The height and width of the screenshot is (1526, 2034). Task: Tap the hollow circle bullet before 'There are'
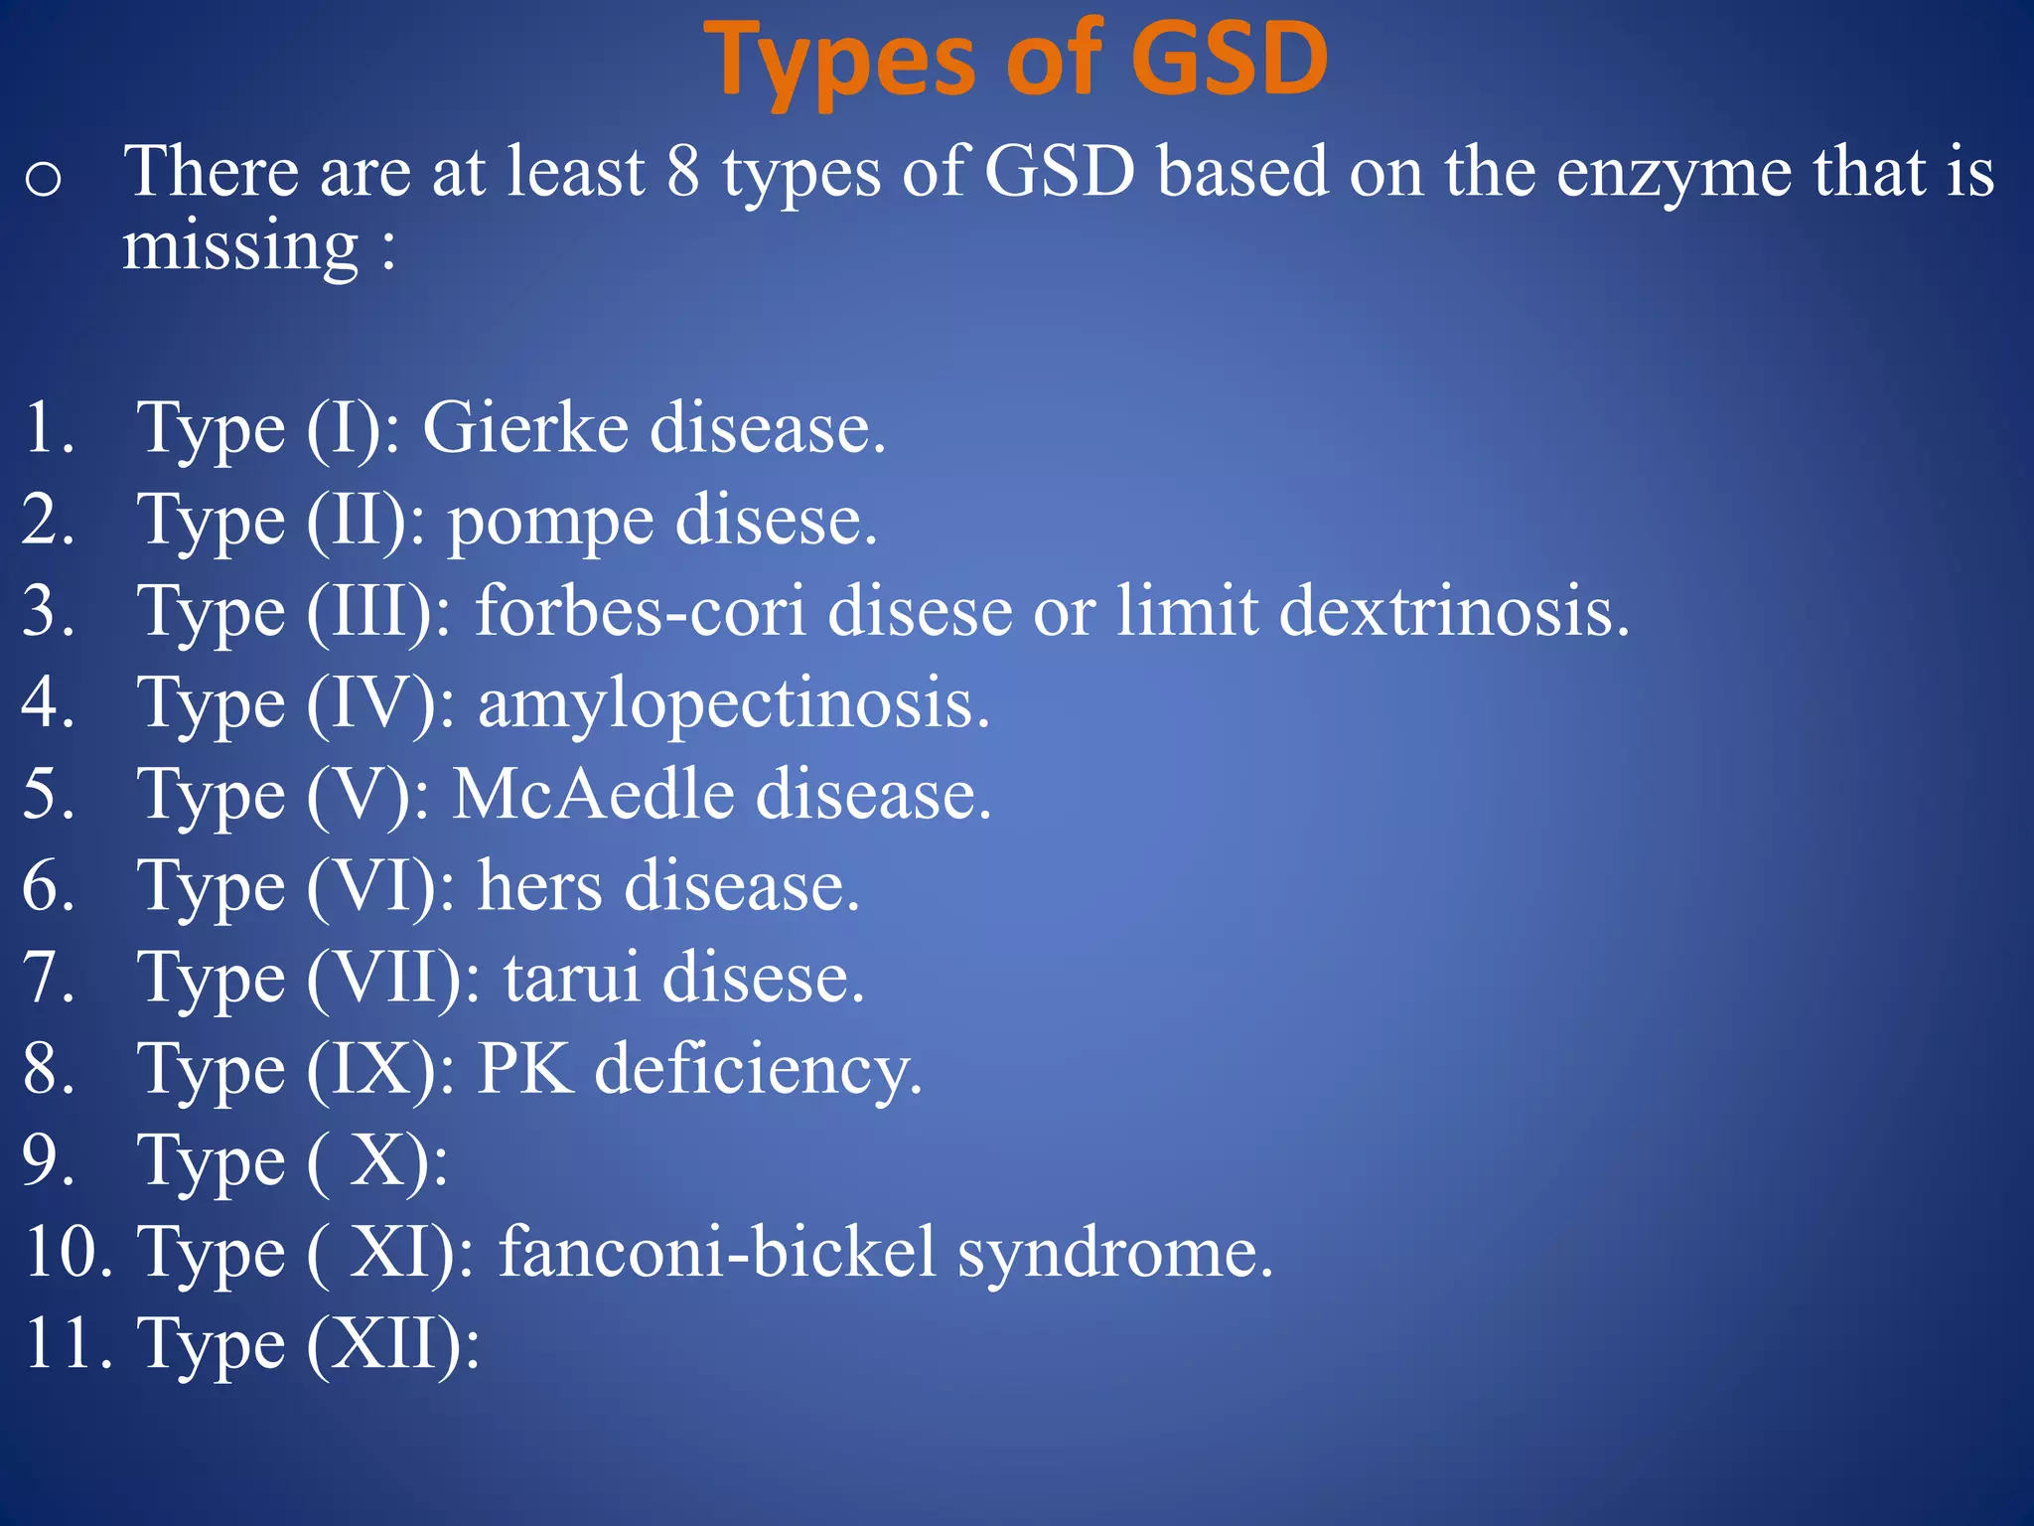(44, 180)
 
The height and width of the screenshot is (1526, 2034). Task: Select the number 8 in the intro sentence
(683, 171)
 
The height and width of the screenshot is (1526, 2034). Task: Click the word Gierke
(524, 428)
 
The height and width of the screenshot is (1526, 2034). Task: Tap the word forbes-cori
(640, 610)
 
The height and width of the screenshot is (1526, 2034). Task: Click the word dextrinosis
(1454, 610)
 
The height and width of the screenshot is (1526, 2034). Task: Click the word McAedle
(593, 795)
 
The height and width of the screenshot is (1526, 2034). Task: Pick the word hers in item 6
(539, 885)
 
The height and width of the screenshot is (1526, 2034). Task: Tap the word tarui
(571, 978)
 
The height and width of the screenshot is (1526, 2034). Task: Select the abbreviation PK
(525, 1069)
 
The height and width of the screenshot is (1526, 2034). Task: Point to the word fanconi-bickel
(717, 1252)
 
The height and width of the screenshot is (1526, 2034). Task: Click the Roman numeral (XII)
(392, 1344)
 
